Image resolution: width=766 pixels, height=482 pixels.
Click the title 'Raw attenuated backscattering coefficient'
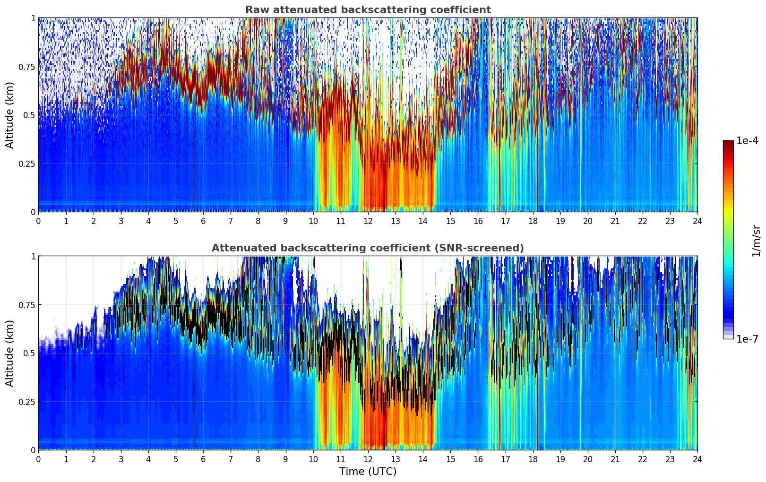pyautogui.click(x=368, y=10)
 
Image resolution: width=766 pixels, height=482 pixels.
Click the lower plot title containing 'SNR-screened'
pyautogui.click(x=368, y=248)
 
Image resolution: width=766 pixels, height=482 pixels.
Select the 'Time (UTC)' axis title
pyautogui.click(x=368, y=472)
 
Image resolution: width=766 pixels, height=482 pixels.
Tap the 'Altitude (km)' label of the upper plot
pyautogui.click(x=10, y=115)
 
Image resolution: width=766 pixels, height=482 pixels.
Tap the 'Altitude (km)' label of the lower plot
pyautogui.click(x=10, y=353)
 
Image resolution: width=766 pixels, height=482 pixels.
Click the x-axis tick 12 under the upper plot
pyautogui.click(x=368, y=221)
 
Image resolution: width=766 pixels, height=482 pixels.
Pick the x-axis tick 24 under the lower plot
pyautogui.click(x=697, y=459)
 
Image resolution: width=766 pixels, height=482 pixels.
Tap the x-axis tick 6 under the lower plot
pyautogui.click(x=203, y=459)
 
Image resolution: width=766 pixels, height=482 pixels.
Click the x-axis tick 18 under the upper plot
pyautogui.click(x=533, y=221)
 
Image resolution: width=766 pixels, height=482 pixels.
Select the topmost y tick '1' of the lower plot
pyautogui.click(x=33, y=257)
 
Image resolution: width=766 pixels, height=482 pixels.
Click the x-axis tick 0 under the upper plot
pyautogui.click(x=38, y=221)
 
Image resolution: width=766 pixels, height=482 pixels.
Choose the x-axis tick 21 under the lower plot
pyautogui.click(x=615, y=459)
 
